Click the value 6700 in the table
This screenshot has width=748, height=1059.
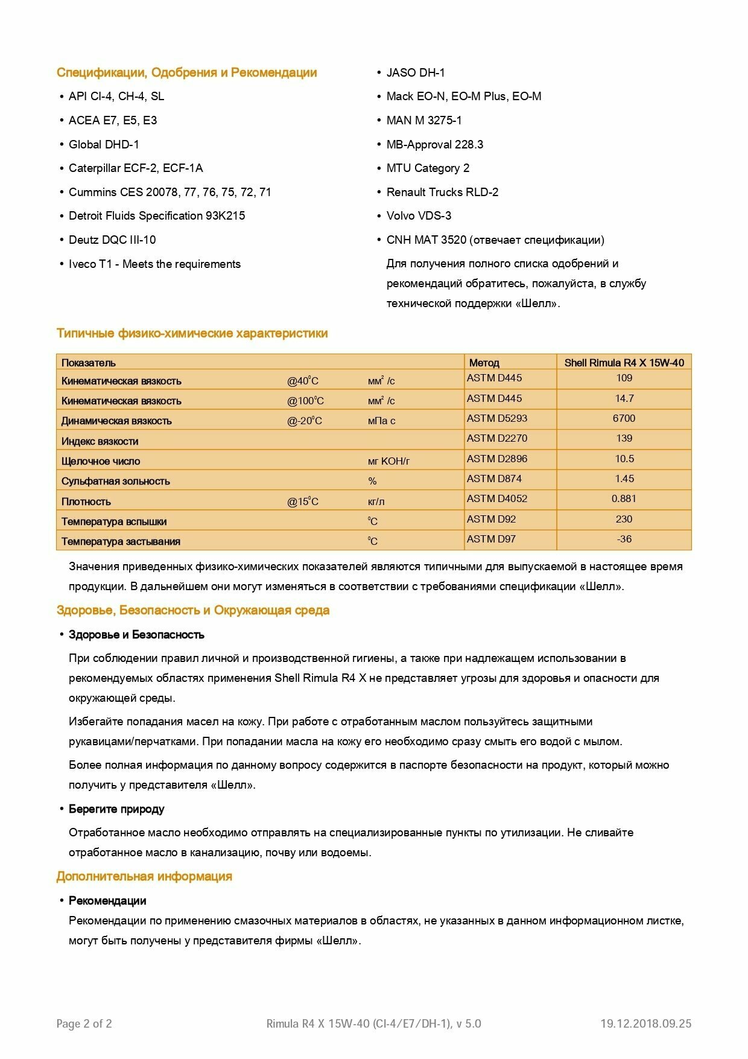click(x=624, y=418)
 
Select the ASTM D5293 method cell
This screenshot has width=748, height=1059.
click(x=496, y=418)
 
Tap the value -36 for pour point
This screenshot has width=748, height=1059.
click(x=624, y=539)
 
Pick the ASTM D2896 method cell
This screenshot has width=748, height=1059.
click(x=496, y=459)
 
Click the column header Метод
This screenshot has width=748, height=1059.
click(x=484, y=363)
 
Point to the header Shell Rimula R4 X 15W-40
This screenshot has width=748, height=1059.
click(x=624, y=363)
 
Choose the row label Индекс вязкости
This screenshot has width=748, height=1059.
click(x=100, y=441)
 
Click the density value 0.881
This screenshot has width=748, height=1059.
click(x=624, y=498)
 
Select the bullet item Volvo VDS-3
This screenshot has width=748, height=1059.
click(x=419, y=215)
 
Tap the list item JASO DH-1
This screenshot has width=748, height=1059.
click(x=416, y=72)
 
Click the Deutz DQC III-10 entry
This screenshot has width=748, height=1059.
click(x=112, y=240)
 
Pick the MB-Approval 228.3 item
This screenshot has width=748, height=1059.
click(x=434, y=144)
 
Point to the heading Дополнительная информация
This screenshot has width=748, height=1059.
click(x=144, y=876)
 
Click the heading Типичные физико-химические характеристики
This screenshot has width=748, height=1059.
click(x=192, y=333)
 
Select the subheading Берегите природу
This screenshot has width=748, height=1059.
click(x=116, y=809)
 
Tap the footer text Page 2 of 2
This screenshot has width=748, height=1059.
click(x=84, y=1023)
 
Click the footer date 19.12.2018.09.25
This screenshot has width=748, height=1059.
click(x=645, y=1023)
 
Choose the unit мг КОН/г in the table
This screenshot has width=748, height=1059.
click(x=388, y=461)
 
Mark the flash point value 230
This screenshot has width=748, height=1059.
click(x=624, y=519)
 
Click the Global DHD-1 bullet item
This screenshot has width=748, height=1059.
click(x=104, y=144)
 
